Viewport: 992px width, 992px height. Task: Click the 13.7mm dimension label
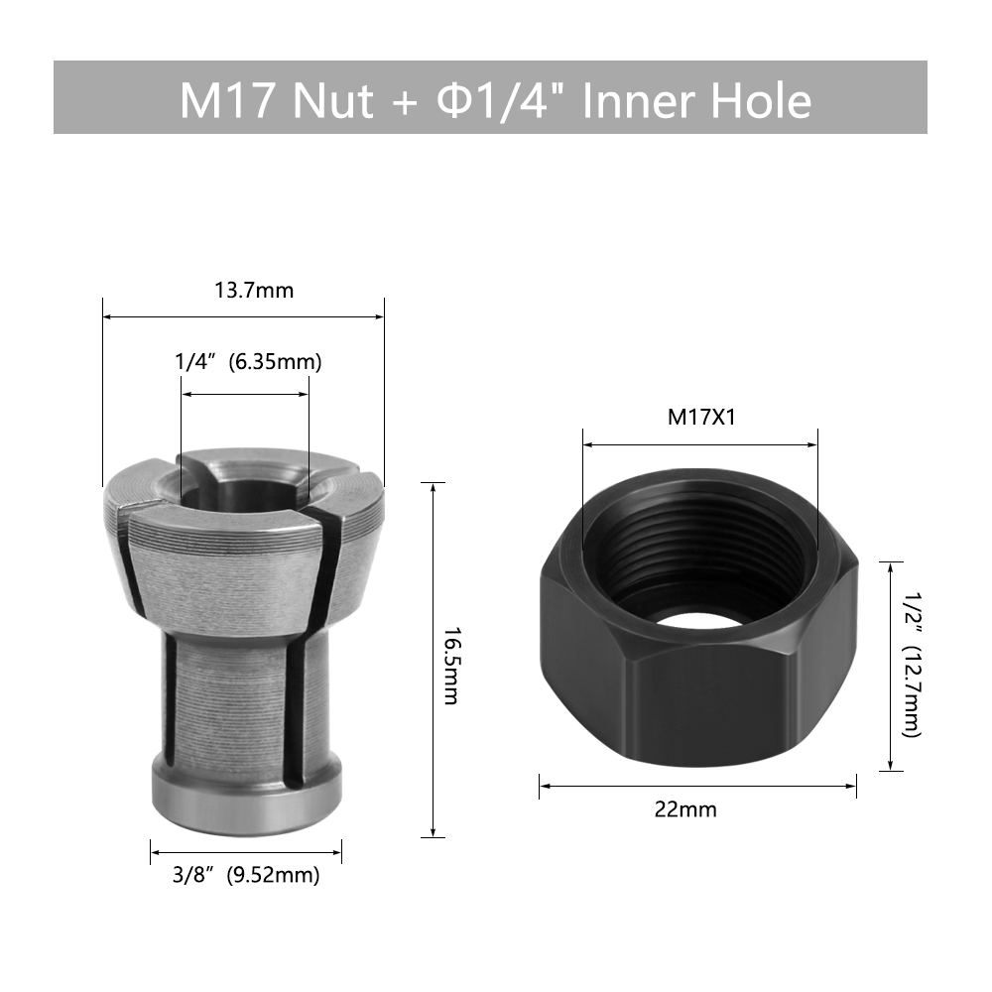point(254,291)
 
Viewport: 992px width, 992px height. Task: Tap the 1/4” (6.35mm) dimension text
point(248,362)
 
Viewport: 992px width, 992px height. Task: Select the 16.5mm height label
point(450,666)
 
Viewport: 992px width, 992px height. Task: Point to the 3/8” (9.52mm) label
point(246,876)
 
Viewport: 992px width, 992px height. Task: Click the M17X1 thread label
point(701,418)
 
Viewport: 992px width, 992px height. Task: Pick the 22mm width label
point(685,809)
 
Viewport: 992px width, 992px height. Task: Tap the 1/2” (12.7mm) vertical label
point(911,665)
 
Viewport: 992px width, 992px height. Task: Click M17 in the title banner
point(229,100)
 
